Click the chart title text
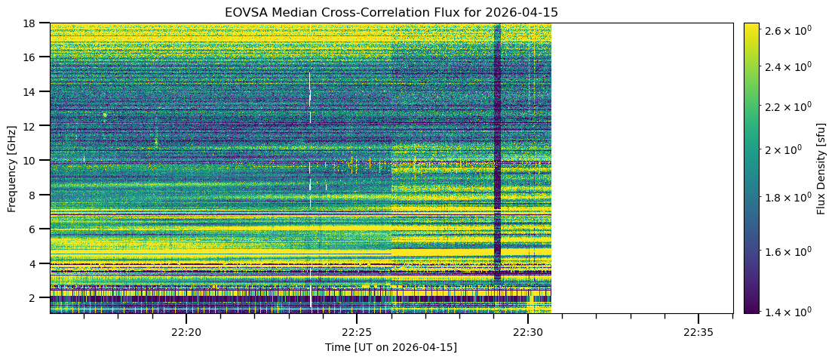(x=391, y=12)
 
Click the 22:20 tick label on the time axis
(x=186, y=332)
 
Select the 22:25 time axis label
(x=357, y=332)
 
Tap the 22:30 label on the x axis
(x=528, y=332)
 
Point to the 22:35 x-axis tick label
(x=698, y=332)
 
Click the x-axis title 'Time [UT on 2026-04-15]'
(x=391, y=347)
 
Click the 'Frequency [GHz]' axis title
(x=12, y=168)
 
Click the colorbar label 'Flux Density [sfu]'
(x=821, y=168)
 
